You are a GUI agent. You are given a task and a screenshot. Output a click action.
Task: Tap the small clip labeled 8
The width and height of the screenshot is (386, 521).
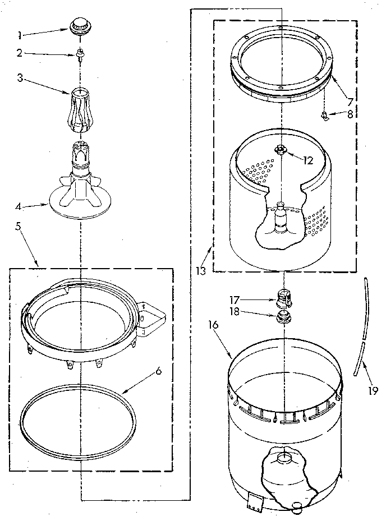pos(324,116)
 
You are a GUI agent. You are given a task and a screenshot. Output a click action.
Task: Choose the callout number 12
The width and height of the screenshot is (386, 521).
pos(307,160)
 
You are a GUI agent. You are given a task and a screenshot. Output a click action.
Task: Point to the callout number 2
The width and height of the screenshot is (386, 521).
pos(20,53)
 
